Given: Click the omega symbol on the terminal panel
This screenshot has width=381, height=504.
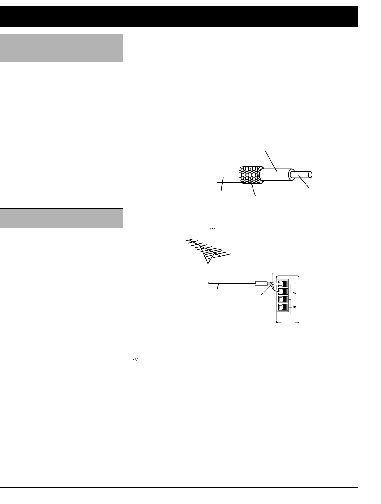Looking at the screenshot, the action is point(296,283).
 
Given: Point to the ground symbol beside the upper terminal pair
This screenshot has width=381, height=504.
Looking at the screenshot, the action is point(294,292).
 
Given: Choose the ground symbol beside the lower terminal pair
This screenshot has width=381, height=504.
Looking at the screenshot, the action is point(294,307).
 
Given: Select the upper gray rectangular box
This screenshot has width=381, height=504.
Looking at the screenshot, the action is point(62,48).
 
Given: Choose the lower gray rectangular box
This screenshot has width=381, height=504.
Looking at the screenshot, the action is point(62,218).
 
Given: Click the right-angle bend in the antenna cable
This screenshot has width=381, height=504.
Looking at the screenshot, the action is point(209,283).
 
